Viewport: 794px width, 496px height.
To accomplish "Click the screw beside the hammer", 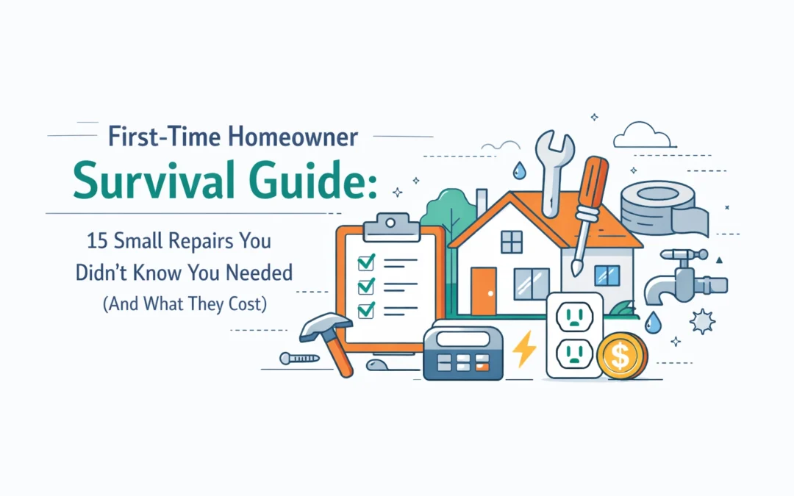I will (x=298, y=358).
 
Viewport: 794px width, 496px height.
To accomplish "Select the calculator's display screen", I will (x=462, y=340).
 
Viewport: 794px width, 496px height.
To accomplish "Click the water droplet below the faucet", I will (x=652, y=322).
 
